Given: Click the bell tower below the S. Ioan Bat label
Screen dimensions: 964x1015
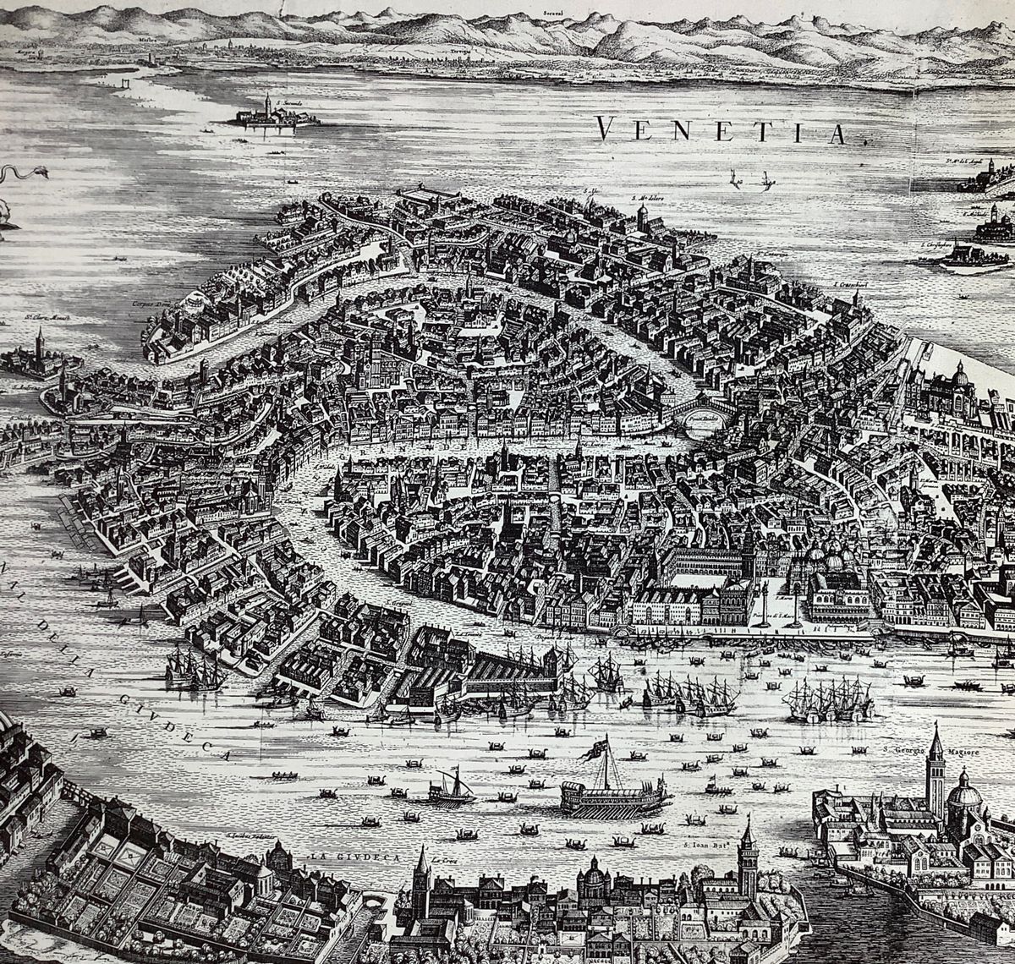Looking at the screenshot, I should [747, 863].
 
